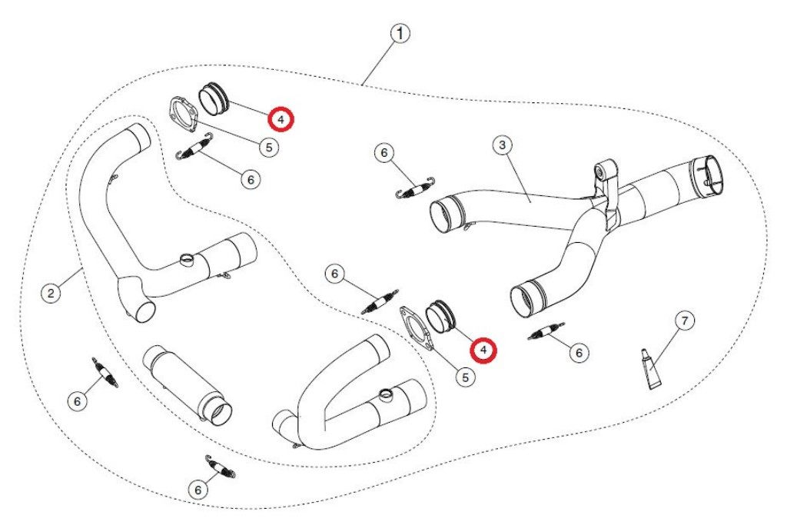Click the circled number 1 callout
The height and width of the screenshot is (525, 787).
[x=400, y=34]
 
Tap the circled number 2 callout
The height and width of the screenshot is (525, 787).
[x=51, y=293]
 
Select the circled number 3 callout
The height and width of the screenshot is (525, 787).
[x=503, y=145]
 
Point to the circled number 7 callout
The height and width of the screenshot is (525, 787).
[x=685, y=321]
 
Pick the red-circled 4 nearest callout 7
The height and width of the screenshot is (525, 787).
[x=483, y=350]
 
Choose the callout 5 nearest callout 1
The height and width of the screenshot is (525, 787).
[x=269, y=148]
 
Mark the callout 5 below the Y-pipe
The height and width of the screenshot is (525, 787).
[x=465, y=377]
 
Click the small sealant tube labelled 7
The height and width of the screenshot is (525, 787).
[x=651, y=370]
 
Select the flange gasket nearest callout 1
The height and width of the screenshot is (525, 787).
[x=183, y=115]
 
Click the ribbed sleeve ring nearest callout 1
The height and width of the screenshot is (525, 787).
[x=214, y=98]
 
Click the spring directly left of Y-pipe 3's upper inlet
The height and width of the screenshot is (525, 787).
[x=414, y=189]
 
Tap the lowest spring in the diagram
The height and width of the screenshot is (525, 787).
[x=221, y=467]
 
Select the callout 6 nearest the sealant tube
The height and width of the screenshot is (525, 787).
[x=579, y=353]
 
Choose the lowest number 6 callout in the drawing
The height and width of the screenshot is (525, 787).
[x=198, y=490]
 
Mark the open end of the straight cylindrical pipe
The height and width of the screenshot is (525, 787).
[x=220, y=414]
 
